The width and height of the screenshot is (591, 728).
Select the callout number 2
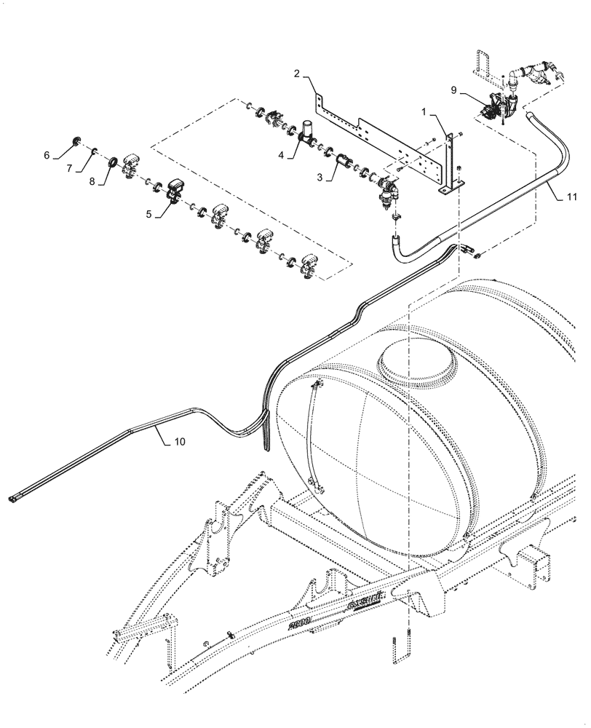pos(297,73)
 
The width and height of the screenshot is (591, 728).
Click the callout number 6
pos(47,155)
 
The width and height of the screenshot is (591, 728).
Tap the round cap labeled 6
pos(76,141)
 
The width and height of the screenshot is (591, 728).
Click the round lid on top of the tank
pos(417,360)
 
